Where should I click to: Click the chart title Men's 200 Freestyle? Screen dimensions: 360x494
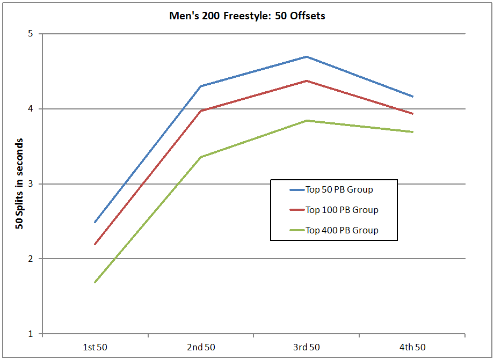247,16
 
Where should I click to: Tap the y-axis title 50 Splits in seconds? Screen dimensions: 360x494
19,184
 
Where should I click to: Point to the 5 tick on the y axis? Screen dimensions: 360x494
30,34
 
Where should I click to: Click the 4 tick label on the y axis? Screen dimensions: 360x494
30,109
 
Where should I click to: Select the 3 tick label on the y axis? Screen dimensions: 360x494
30,184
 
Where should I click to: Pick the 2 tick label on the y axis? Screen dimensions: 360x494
30,259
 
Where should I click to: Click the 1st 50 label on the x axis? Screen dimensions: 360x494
95,347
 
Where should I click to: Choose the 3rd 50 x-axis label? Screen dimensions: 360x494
306,347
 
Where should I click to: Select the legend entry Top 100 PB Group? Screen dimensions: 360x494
342,210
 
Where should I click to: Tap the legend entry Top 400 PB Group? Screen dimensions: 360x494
342,230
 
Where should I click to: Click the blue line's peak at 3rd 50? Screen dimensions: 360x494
306,56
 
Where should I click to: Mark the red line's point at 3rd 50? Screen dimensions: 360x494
306,80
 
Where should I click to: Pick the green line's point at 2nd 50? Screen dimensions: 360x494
200,157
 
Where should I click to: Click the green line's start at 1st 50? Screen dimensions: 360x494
95,282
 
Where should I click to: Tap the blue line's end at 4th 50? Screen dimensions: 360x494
412,97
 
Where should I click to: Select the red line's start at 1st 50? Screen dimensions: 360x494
95,245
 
